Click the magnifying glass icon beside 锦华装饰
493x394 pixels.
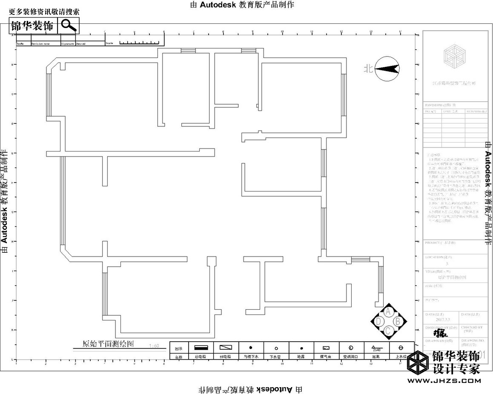click(68, 25)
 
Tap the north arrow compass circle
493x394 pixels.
click(387, 69)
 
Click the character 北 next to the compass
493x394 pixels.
click(368, 69)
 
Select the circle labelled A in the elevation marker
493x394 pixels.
click(388, 312)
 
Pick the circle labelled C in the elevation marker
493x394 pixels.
click(388, 331)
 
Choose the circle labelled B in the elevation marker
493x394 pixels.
click(398, 321)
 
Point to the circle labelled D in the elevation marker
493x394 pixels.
click(378, 321)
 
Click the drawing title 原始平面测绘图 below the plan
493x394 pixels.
click(108, 343)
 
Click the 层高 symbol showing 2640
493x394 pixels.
click(376, 348)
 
